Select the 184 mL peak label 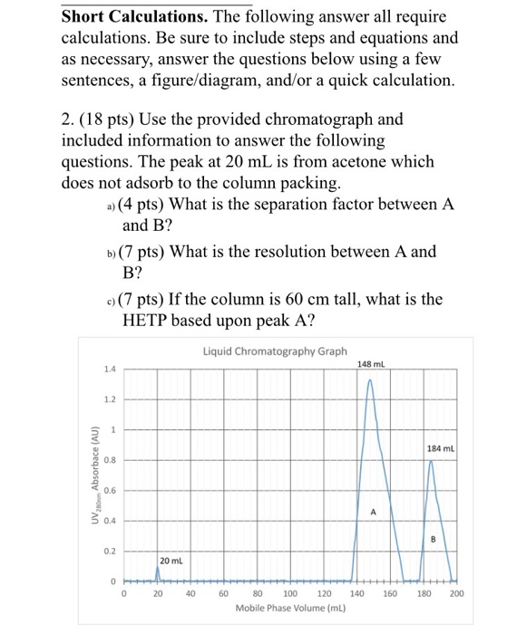(441, 448)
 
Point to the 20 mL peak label (172, 562)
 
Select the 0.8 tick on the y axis (109, 460)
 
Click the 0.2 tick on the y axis (109, 550)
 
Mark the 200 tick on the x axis (455, 594)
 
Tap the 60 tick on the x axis (223, 594)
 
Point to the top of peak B (430, 461)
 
